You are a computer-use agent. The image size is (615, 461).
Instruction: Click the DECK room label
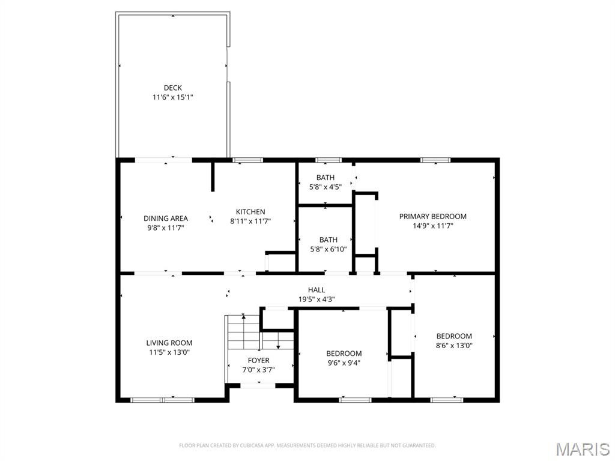(x=172, y=88)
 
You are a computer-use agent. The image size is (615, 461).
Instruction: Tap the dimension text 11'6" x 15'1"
(x=172, y=97)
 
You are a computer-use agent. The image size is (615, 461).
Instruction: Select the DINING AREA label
(x=165, y=218)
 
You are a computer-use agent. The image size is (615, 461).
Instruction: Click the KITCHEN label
(x=250, y=212)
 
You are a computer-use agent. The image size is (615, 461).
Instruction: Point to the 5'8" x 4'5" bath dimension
(x=326, y=187)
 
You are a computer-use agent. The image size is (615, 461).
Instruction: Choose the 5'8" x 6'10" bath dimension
(x=328, y=249)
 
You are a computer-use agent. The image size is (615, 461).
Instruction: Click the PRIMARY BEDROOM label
(x=432, y=217)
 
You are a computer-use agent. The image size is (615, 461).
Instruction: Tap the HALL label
(x=317, y=290)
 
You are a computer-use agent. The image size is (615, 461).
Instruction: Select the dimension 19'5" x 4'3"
(x=317, y=299)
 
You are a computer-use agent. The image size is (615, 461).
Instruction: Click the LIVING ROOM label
(x=169, y=343)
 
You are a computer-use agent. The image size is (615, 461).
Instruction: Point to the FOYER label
(x=258, y=360)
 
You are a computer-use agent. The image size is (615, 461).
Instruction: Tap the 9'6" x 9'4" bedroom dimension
(x=344, y=363)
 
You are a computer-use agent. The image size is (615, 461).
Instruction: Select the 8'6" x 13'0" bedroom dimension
(x=453, y=345)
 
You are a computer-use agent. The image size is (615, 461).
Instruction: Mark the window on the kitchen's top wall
(x=247, y=160)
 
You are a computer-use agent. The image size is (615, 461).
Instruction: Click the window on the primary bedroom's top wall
(x=435, y=160)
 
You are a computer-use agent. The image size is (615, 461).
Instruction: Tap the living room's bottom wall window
(x=162, y=399)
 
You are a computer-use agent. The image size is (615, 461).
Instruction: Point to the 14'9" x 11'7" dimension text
(x=432, y=226)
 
